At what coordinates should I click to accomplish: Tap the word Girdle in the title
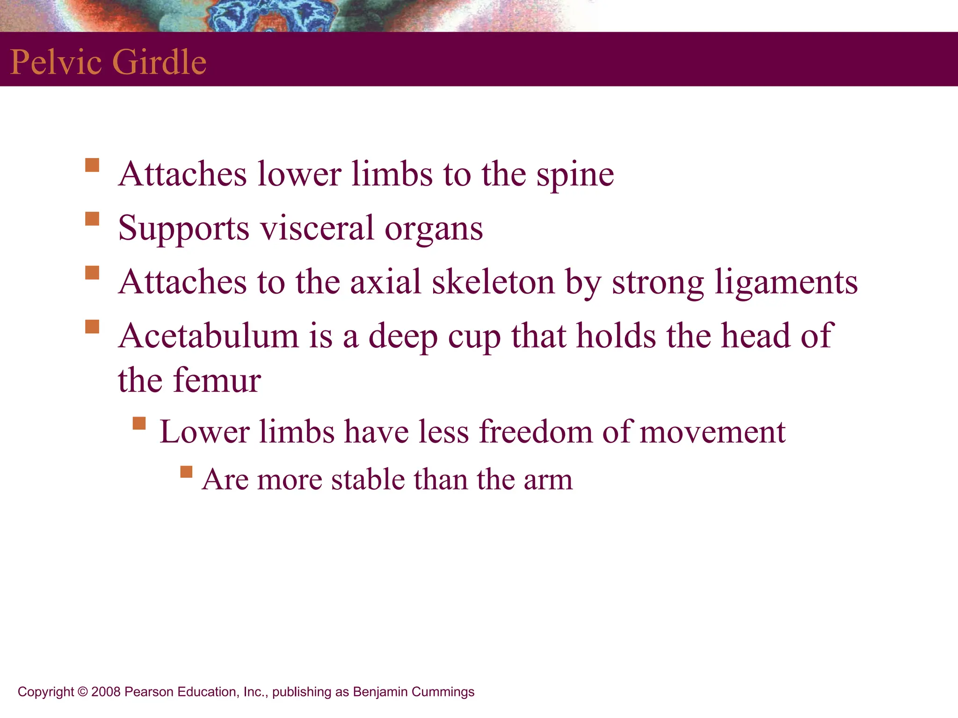[160, 62]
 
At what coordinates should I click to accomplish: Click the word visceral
[317, 228]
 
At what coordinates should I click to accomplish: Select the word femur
[217, 380]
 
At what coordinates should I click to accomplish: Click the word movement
[712, 432]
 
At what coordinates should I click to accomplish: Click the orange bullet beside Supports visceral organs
[92, 219]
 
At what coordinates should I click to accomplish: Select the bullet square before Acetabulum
[92, 326]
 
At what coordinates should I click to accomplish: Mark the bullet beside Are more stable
[186, 472]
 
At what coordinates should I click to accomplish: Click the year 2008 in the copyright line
[106, 692]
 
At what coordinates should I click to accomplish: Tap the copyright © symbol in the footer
[83, 692]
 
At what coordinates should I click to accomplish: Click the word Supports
[184, 229]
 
